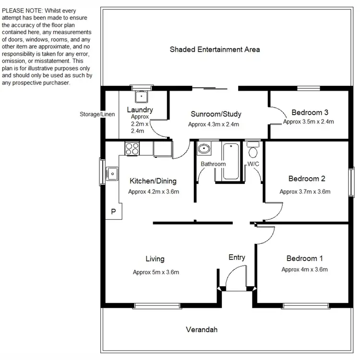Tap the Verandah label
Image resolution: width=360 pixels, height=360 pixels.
click(x=202, y=330)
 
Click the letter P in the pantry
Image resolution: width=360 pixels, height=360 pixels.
click(x=113, y=211)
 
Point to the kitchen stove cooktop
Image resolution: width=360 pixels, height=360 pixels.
click(x=132, y=148)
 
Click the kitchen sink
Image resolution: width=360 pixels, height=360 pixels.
click(x=112, y=172)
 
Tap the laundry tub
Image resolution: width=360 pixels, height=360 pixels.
click(x=141, y=96)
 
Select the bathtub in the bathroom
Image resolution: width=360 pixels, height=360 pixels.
click(x=231, y=161)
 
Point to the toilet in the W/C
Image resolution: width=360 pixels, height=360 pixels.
click(x=252, y=151)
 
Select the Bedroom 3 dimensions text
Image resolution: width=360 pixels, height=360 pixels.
click(x=308, y=122)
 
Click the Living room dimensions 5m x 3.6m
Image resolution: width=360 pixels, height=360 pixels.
click(x=156, y=272)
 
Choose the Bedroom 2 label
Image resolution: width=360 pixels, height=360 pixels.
click(x=307, y=179)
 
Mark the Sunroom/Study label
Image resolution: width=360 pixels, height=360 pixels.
click(x=216, y=114)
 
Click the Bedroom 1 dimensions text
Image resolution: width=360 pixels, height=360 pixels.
click(x=305, y=269)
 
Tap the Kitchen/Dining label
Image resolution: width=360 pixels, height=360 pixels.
click(x=153, y=181)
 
